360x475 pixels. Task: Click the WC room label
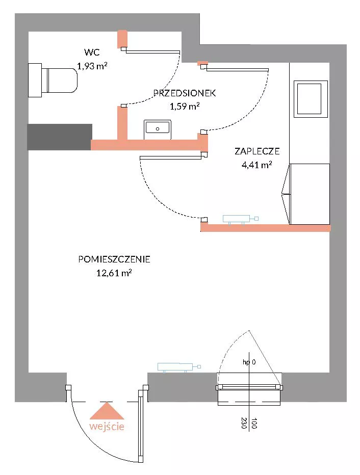[92, 52]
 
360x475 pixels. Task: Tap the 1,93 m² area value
[92, 66]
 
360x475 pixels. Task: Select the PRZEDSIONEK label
[185, 93]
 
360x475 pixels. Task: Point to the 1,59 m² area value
[185, 107]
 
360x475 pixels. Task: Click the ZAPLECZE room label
[257, 151]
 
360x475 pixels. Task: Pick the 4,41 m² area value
[256, 165]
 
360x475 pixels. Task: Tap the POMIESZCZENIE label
[114, 259]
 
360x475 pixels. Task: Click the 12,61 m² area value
[114, 273]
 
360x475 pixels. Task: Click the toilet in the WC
[53, 81]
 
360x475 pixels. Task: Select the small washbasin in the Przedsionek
[158, 129]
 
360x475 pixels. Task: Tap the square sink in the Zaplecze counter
[311, 99]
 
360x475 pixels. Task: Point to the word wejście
[107, 427]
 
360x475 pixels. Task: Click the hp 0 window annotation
[249, 362]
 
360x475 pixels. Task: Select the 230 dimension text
[244, 423]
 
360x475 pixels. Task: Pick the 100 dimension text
[254, 423]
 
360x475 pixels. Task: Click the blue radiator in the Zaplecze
[241, 219]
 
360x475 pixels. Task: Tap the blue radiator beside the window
[179, 367]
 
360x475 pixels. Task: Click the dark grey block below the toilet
[59, 137]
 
